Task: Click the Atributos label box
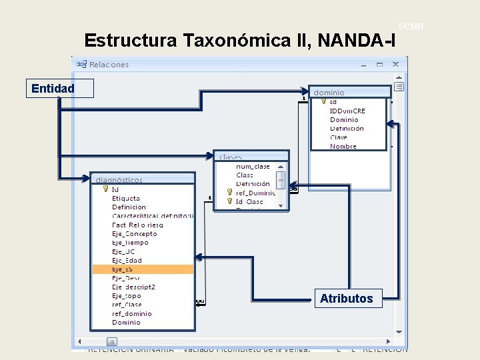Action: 346,299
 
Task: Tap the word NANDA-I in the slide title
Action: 357,41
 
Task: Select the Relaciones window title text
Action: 109,65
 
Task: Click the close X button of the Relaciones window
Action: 395,65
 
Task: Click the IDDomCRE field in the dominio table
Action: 347,111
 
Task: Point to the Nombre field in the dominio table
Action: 343,146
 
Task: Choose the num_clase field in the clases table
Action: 253,166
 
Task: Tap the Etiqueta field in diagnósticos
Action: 126,198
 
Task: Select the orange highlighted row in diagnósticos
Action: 143,269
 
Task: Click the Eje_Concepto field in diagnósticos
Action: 135,234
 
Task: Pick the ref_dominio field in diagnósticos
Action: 132,313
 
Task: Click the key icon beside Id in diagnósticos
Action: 105,189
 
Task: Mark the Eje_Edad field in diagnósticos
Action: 127,260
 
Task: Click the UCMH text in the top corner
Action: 411,26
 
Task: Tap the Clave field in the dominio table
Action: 339,137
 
